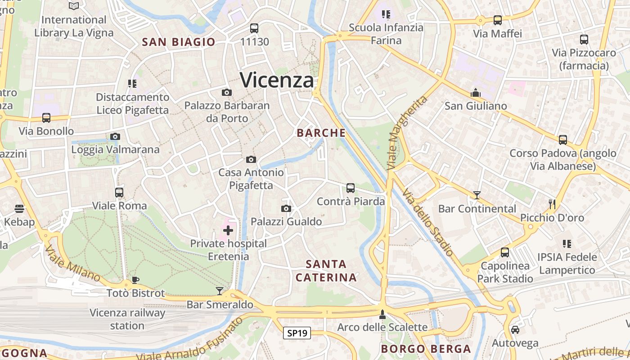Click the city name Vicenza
click(277, 80)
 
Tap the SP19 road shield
click(297, 333)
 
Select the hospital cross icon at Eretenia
click(228, 231)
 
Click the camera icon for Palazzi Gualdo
click(286, 208)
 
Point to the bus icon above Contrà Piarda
click(351, 188)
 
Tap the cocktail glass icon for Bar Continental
click(477, 195)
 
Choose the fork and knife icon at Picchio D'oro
click(552, 204)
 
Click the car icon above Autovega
click(515, 329)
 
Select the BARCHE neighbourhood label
click(321, 133)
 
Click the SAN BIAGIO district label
click(179, 42)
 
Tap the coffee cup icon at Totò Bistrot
click(135, 280)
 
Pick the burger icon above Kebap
click(19, 208)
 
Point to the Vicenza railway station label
click(127, 319)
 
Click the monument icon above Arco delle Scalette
click(382, 314)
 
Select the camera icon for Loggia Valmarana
click(115, 136)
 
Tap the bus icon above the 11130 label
click(254, 28)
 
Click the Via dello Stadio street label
click(427, 222)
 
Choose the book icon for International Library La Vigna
click(74, 6)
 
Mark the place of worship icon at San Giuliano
click(476, 93)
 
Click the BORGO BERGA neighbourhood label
click(426, 349)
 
